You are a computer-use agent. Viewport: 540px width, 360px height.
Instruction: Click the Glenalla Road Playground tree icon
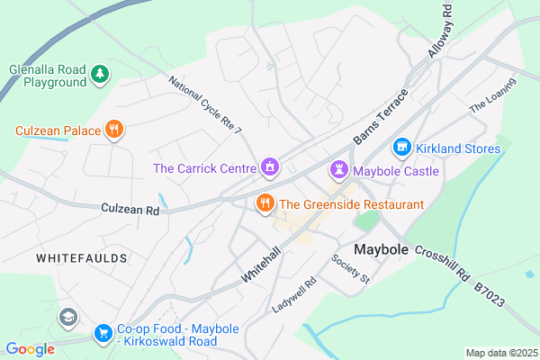[x=101, y=72]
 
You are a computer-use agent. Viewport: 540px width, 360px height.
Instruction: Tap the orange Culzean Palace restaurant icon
[x=113, y=130]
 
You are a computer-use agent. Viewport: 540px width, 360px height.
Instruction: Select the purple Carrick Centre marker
[x=268, y=167]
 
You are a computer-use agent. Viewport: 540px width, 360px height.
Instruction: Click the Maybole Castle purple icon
[x=338, y=169]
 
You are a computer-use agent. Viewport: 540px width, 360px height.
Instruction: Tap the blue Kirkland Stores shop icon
[x=401, y=147]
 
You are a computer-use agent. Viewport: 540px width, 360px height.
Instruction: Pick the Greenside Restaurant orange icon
[x=265, y=203]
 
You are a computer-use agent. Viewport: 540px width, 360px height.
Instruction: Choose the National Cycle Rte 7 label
[x=207, y=106]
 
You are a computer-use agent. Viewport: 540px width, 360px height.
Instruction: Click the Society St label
[x=351, y=269]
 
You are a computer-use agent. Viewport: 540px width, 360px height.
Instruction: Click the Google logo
[x=30, y=348]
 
